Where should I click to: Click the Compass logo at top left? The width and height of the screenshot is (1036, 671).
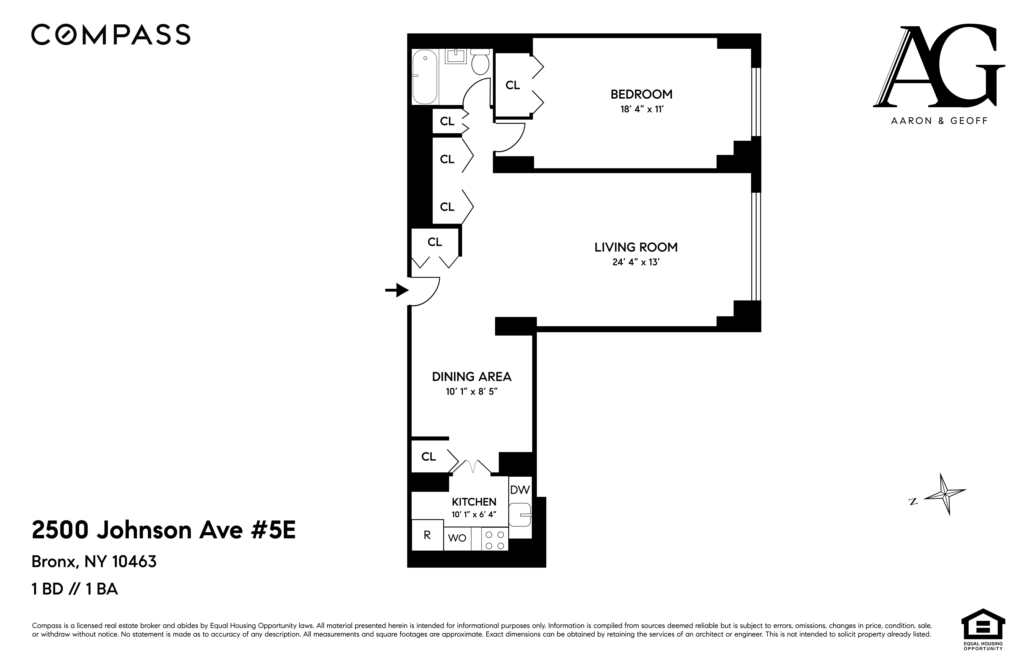tap(111, 35)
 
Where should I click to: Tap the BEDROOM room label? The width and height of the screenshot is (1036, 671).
tap(641, 94)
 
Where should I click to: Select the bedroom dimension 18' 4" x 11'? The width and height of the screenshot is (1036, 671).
tap(641, 109)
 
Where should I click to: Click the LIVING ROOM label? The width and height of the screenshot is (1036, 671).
tap(636, 247)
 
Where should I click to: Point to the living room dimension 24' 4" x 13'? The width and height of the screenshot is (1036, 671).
tap(636, 262)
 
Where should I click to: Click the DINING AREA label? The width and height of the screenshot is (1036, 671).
tap(471, 376)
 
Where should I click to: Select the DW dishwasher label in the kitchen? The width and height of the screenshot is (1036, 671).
tap(520, 490)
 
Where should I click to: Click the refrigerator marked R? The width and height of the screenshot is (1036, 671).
tap(427, 535)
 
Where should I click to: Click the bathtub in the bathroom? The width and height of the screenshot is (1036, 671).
tap(424, 77)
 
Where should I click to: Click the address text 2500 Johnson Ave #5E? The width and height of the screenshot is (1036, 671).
tap(164, 530)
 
